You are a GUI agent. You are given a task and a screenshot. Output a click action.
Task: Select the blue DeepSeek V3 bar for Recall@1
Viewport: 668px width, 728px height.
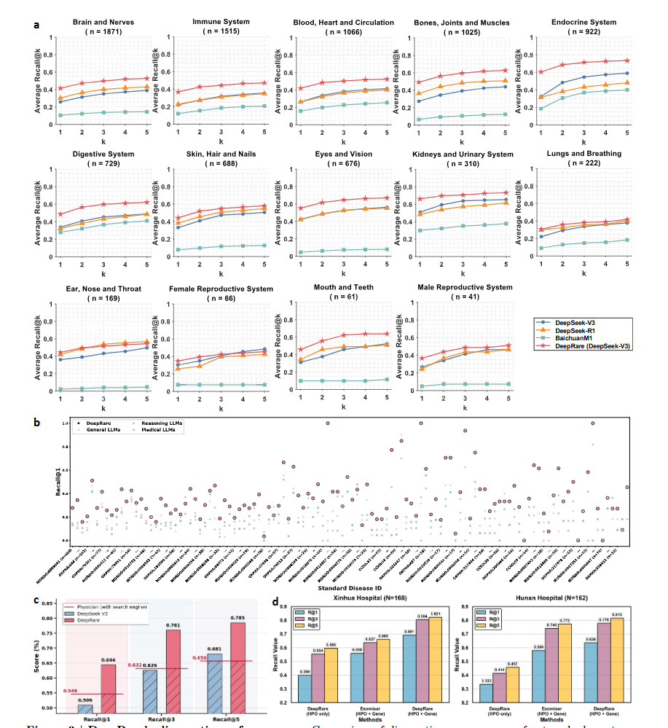pyautogui.click(x=86, y=708)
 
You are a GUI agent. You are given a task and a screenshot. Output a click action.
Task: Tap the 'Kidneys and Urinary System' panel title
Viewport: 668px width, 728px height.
pyautogui.click(x=463, y=154)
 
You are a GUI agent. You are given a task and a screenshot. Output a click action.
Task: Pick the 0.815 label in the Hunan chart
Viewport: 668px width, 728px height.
pyautogui.click(x=617, y=614)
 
